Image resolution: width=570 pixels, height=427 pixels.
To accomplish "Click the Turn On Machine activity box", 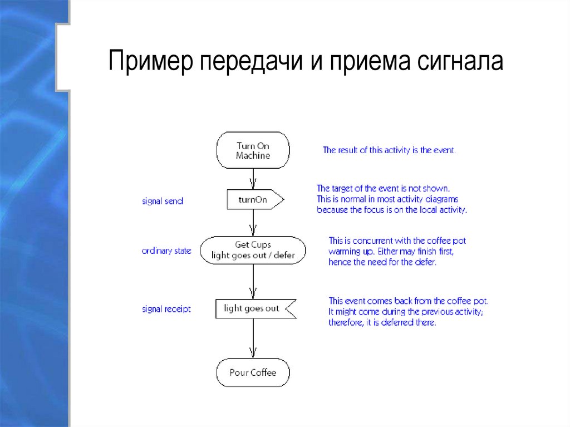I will pos(253,150).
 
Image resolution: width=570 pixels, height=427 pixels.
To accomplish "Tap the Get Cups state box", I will pos(253,250).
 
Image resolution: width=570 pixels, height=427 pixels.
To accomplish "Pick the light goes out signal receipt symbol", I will pos(254,308).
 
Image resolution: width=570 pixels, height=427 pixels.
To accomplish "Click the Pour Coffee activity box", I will pos(253,372).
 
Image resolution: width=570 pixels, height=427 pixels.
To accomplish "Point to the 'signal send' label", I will pos(163,201).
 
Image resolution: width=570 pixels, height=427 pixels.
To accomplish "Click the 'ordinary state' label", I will pos(166,251).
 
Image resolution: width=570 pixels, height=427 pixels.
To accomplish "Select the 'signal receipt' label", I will pos(166,308).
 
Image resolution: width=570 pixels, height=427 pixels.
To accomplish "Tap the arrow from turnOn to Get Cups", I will pos(253,223).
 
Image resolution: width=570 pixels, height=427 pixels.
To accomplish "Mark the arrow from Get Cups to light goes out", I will pos(253,282).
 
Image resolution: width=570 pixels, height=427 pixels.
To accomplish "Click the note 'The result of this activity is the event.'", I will pos(389,150).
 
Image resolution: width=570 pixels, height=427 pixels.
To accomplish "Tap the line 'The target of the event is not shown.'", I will pos(383,188).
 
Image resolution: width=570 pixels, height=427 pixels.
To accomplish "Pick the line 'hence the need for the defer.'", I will pos(382,262).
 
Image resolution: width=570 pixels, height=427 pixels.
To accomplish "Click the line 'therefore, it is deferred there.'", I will pos(382,322).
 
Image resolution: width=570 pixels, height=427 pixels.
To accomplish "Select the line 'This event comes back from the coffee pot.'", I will pos(408,301).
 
